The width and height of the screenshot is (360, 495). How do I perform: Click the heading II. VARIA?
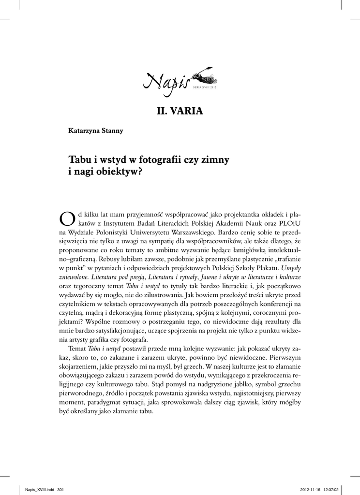point(180,112)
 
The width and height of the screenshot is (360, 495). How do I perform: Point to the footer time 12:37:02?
point(341,489)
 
